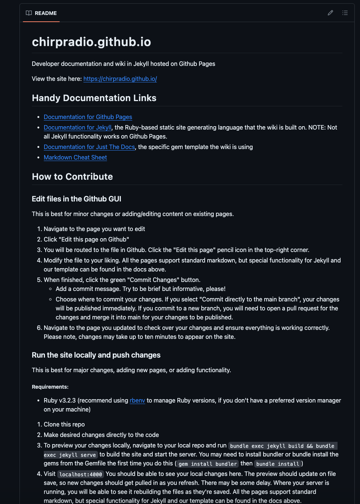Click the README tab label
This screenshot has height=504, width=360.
46,13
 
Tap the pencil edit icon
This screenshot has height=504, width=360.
330,13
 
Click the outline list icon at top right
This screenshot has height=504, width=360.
345,13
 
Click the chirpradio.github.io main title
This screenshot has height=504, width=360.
91,42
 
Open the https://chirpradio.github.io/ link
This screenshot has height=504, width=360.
120,79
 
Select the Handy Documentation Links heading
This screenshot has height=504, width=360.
94,98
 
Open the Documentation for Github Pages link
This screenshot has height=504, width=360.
88,117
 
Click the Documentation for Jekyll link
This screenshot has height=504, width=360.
77,127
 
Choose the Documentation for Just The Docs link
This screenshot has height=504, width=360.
89,147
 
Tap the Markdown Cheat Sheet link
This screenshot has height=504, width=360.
75,157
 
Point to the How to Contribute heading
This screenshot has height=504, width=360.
72,177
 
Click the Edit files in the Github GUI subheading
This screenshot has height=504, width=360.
76,199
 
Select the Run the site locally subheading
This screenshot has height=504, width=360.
96,355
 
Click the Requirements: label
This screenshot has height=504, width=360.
50,387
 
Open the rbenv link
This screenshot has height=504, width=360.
137,400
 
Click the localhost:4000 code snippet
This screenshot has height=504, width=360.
80,474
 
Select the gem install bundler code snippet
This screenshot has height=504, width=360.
208,464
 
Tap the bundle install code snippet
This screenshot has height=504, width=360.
278,464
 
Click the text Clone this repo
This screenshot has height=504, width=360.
64,424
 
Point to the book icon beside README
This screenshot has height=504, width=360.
29,13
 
